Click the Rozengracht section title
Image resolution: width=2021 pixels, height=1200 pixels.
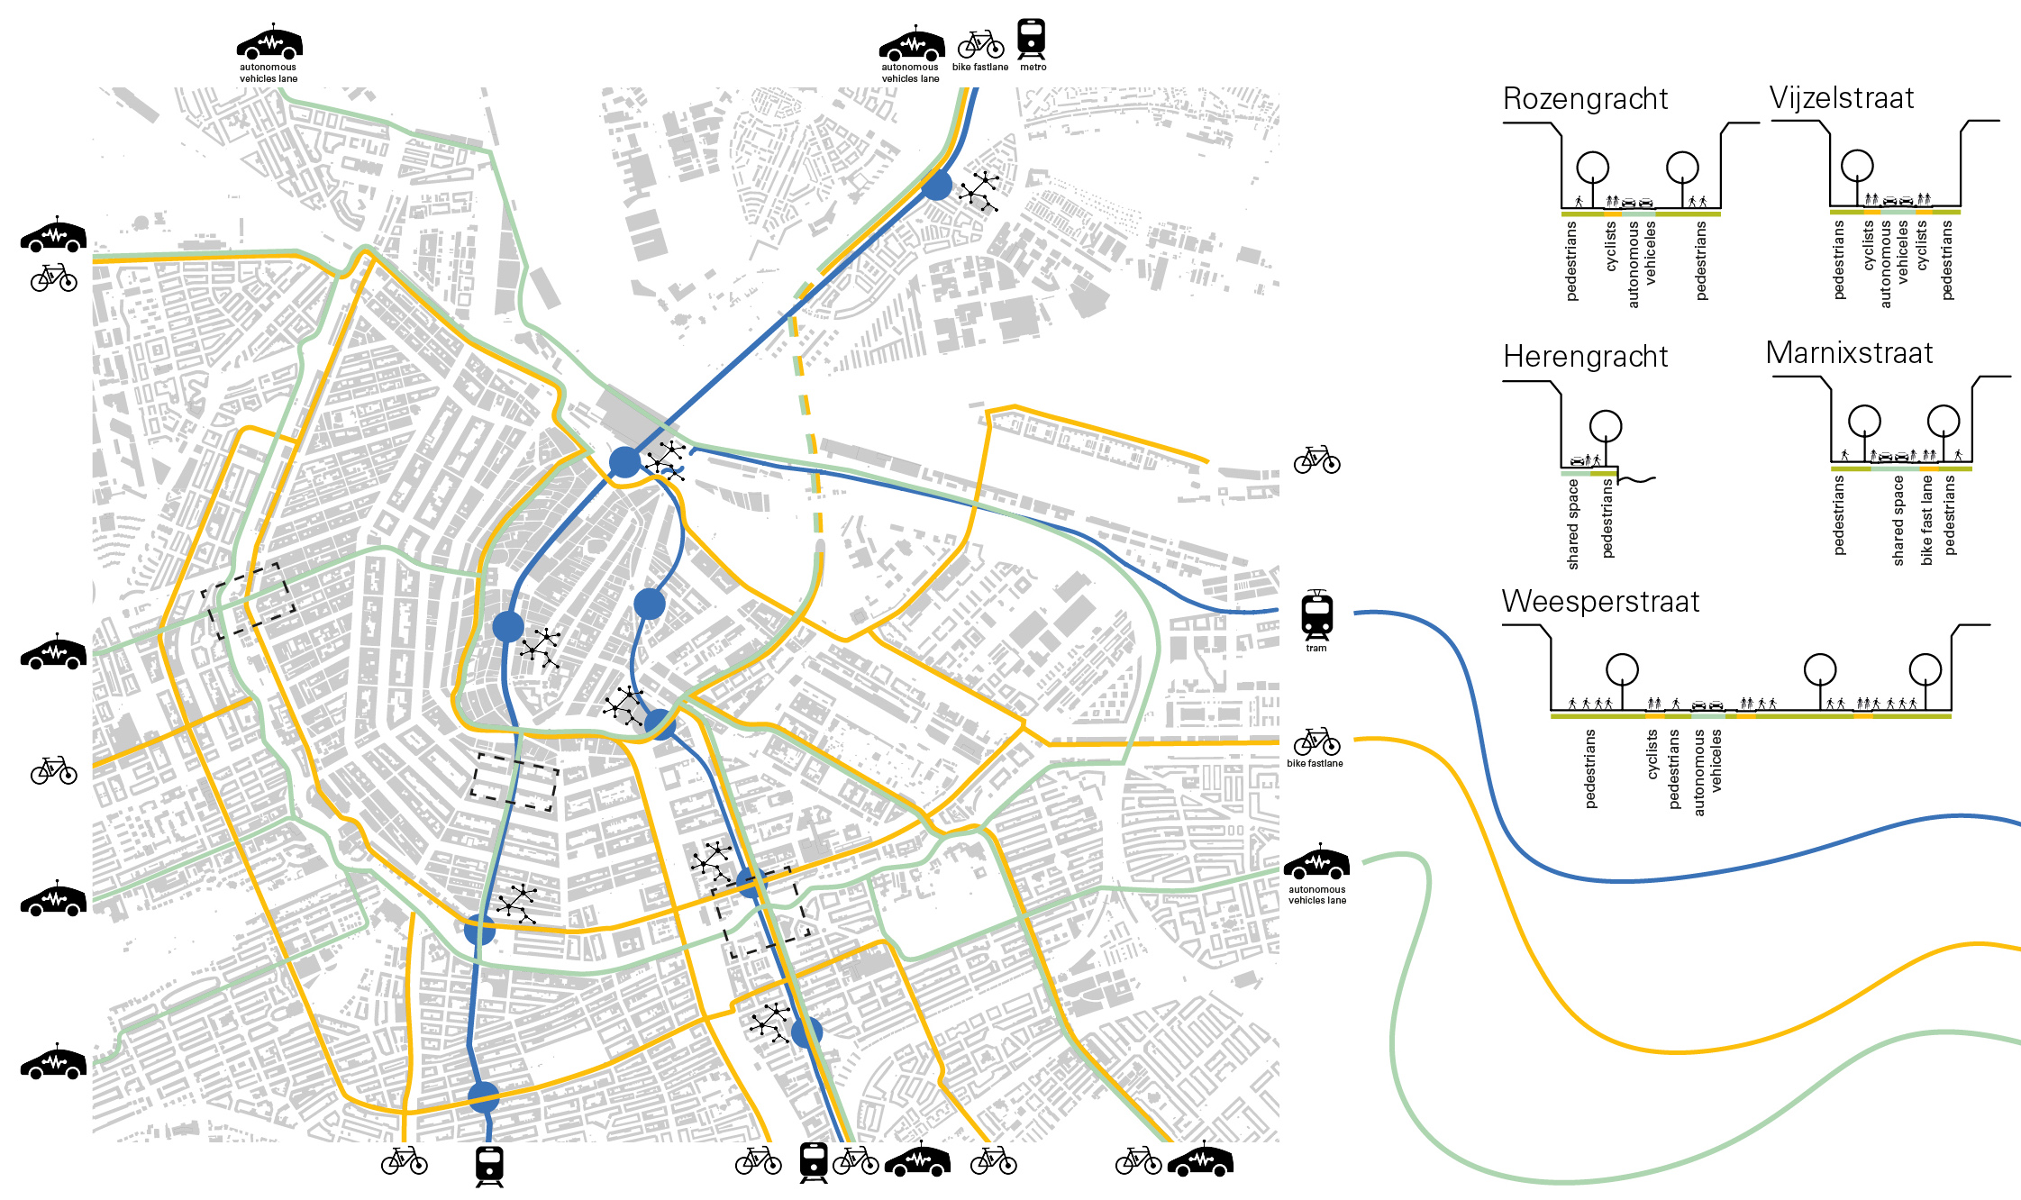tap(1585, 99)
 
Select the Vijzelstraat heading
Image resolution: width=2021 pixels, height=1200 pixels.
tap(1841, 98)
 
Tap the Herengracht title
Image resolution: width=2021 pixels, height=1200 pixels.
tap(1585, 357)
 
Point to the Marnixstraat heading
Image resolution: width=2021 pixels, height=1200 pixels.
tap(1849, 353)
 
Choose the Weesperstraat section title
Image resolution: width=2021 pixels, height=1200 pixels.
tap(1600, 602)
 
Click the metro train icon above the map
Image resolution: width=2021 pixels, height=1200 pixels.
tap(1032, 40)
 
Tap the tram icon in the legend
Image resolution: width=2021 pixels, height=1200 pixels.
tap(1316, 616)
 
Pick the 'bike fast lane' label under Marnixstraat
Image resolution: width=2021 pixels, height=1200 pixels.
tap(1926, 521)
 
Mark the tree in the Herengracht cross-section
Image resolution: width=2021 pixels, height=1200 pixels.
tap(1606, 426)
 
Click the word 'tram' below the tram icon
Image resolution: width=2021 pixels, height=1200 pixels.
tap(1316, 649)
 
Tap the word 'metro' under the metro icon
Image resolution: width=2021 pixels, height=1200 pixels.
tap(1033, 68)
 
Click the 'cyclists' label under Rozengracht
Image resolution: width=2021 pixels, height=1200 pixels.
tap(1611, 247)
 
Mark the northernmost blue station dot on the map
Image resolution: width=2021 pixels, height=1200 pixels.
tap(936, 186)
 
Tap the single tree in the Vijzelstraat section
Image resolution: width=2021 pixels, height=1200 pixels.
tap(1857, 166)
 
